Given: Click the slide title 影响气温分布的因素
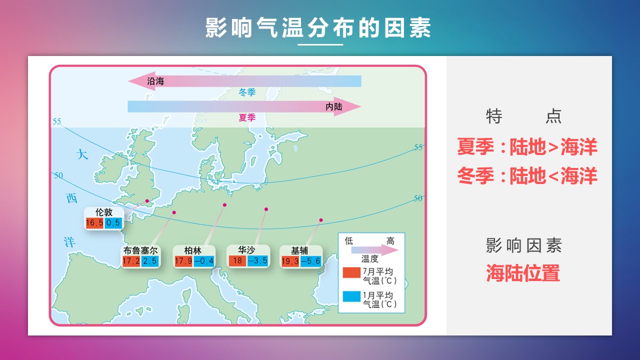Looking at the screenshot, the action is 318,27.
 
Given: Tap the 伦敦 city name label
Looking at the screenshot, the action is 104,212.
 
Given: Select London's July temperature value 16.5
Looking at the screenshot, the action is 94,223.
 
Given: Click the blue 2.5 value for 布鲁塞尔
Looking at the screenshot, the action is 150,261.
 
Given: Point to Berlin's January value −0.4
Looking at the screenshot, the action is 204,261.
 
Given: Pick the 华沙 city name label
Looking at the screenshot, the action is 246,250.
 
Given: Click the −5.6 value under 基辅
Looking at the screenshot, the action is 311,261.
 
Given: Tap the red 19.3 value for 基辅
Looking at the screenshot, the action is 290,261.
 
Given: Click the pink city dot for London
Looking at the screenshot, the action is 147,201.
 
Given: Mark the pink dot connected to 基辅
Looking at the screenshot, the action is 321,220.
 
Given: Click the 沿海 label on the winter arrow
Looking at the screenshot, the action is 155,81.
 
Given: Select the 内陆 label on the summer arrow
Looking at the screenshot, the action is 334,107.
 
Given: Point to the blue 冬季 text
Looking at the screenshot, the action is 247,92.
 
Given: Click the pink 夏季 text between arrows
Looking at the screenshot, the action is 247,117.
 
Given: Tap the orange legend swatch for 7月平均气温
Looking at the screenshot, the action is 351,272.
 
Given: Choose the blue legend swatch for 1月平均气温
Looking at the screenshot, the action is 351,296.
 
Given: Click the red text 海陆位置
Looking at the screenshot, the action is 523,273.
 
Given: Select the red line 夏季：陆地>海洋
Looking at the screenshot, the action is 527,146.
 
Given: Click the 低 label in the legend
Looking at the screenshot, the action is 349,241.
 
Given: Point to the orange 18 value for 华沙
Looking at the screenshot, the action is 237,260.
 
